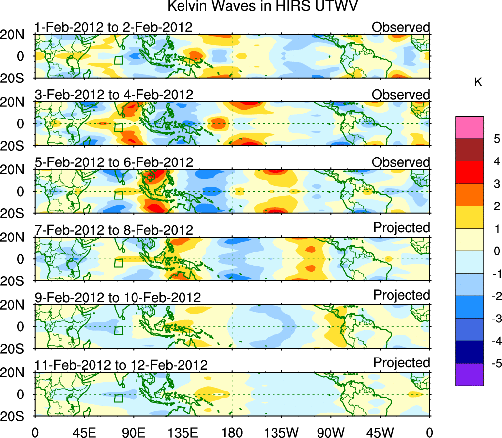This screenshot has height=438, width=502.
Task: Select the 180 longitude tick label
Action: point(232,432)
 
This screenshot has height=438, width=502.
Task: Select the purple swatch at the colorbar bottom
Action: point(469,374)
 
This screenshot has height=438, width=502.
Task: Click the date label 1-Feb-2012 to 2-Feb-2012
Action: point(113,27)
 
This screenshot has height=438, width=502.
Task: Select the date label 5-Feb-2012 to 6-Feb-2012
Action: point(113,162)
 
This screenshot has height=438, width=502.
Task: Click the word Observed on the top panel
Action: point(401,27)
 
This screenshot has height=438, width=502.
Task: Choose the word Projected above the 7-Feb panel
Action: point(402,227)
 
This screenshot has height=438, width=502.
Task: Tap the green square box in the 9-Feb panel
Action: point(118,330)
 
